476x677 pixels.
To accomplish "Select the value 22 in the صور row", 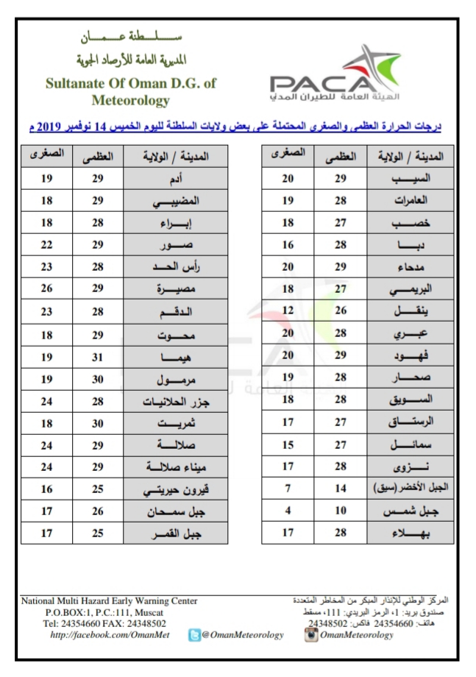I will (x=46, y=244).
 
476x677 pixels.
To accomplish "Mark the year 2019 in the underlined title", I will (x=50, y=127).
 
